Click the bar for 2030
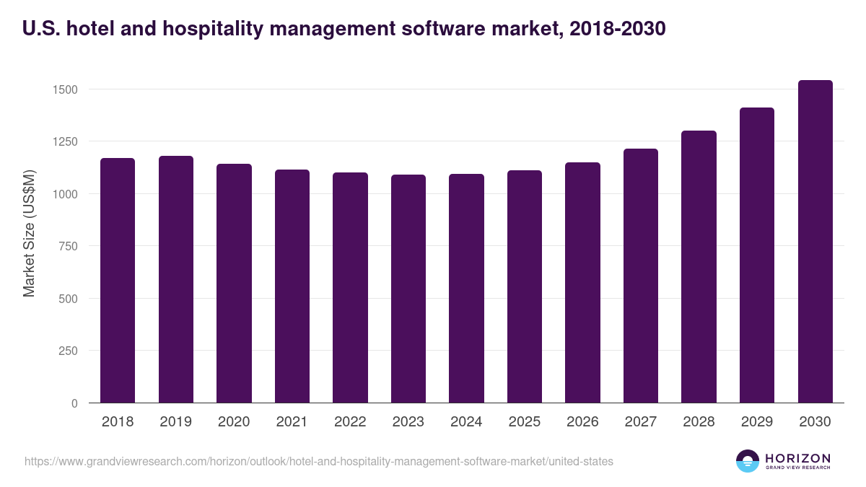point(815,241)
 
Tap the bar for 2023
point(408,289)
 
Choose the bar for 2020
point(234,283)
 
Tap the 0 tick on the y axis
point(74,403)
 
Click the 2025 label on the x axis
point(524,422)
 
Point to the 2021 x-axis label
point(292,422)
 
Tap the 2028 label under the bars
point(699,422)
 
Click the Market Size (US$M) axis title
point(29,234)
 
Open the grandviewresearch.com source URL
point(318,461)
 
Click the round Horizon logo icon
point(748,461)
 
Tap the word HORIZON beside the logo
point(797,457)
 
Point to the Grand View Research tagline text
point(797,468)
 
